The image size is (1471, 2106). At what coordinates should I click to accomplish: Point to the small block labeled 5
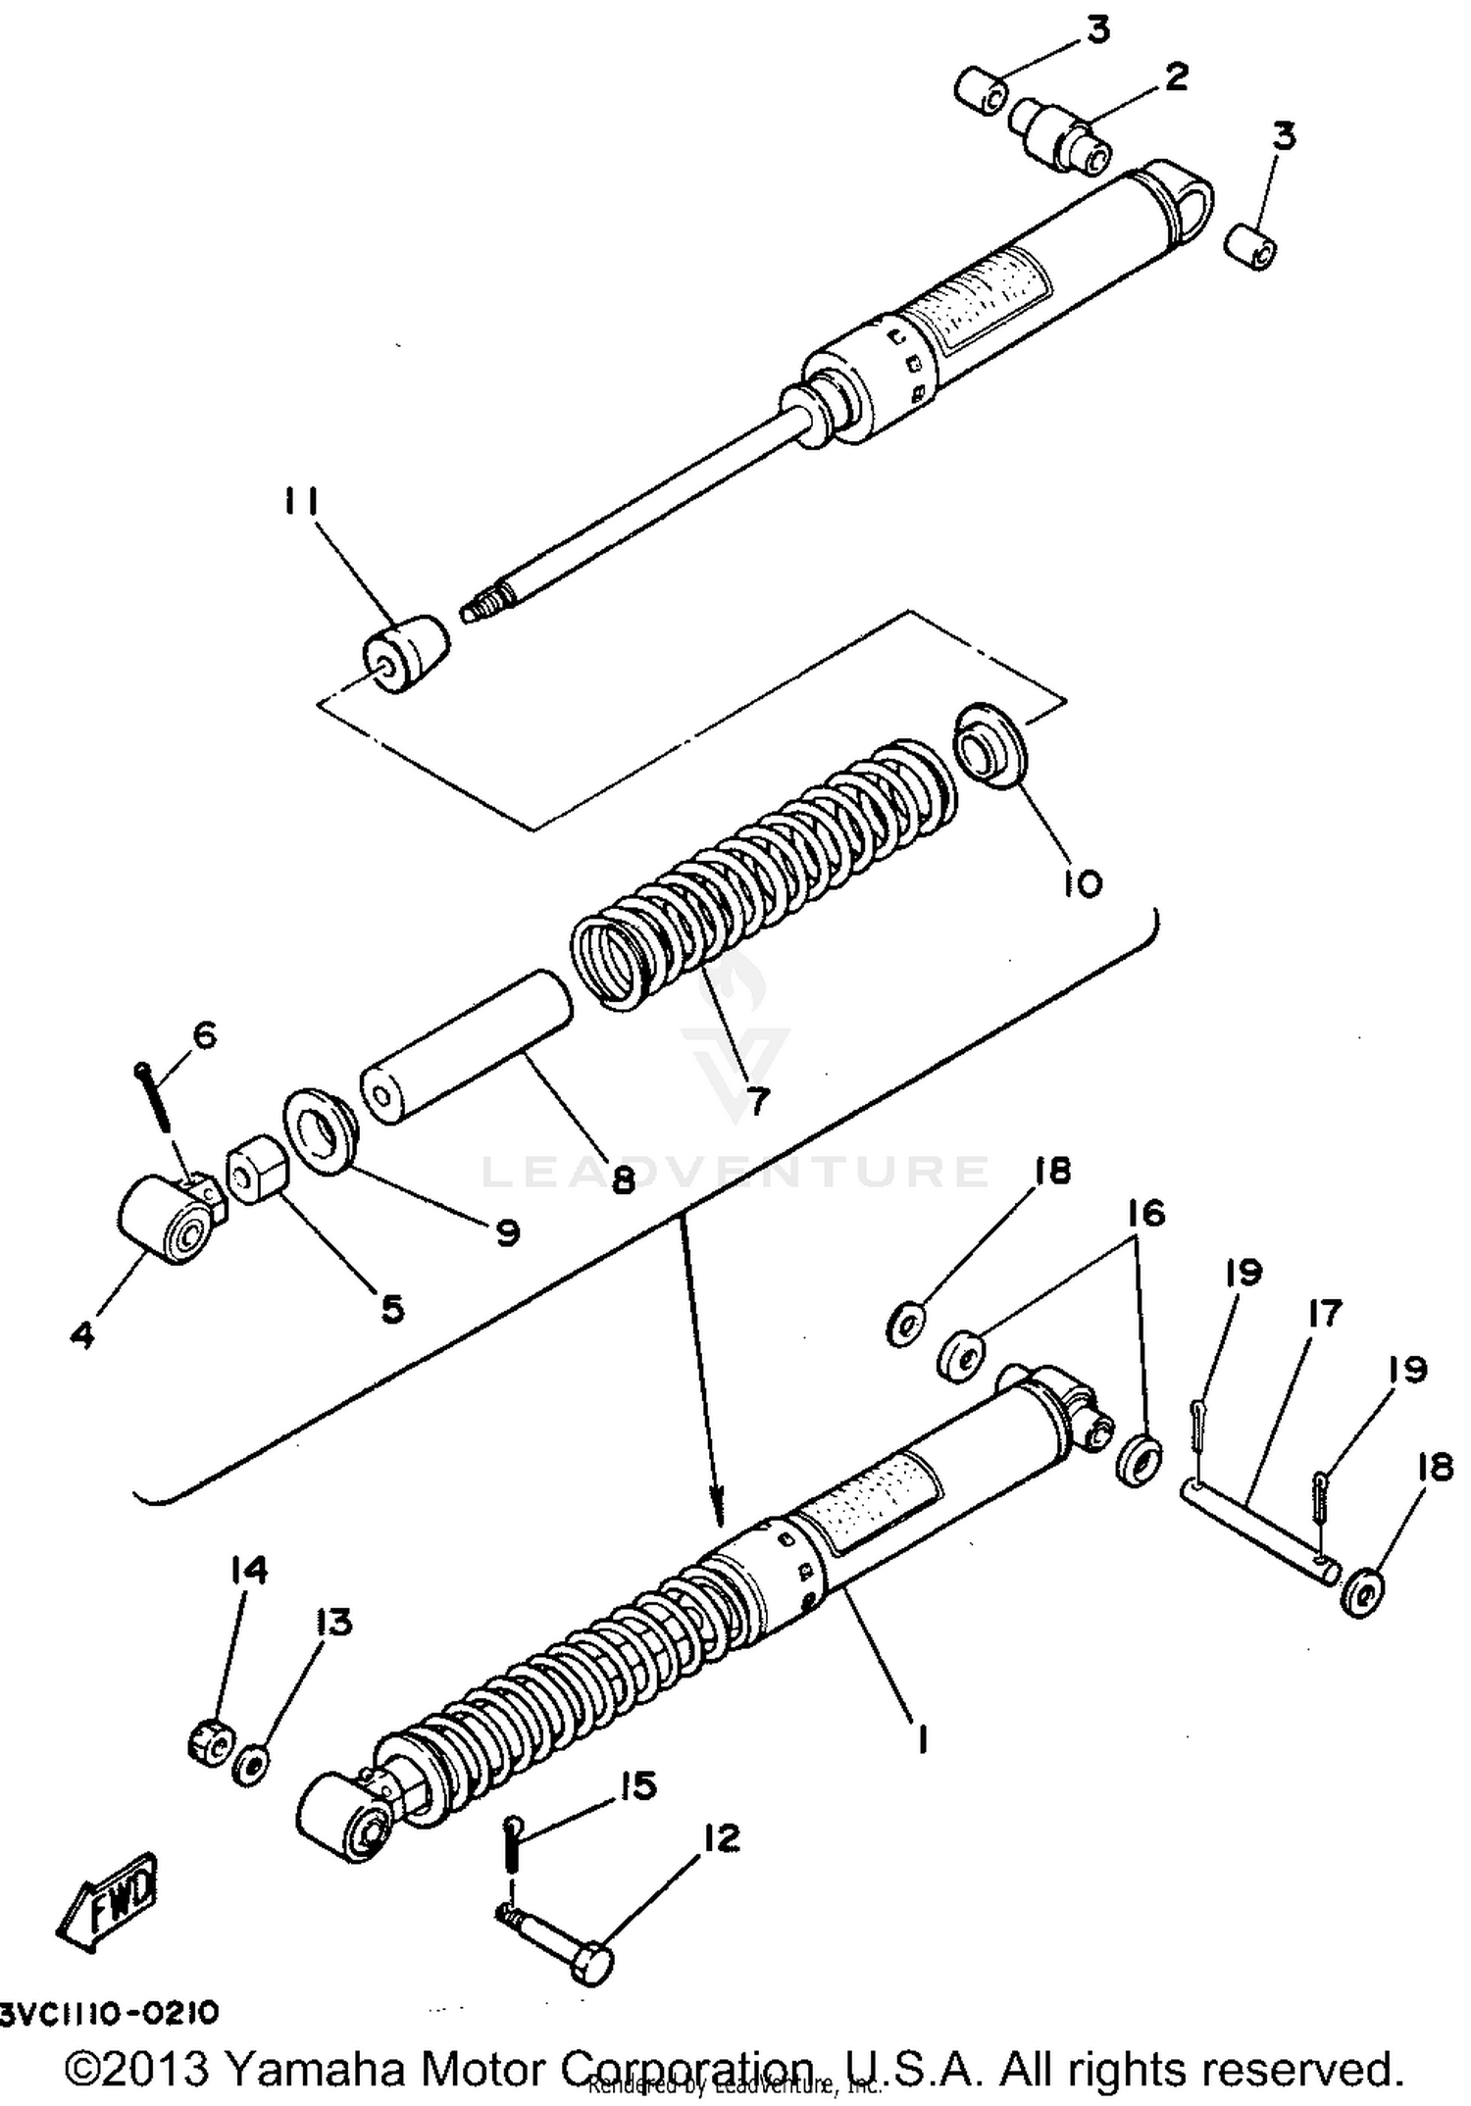click(258, 1169)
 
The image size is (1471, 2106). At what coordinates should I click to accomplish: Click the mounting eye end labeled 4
click(162, 1219)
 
